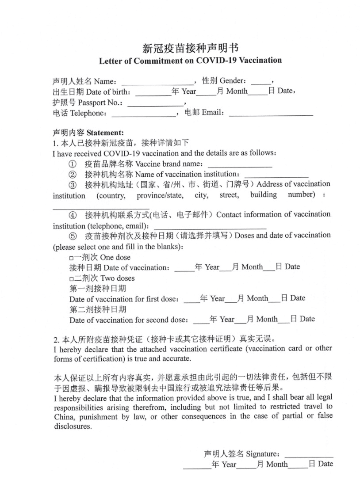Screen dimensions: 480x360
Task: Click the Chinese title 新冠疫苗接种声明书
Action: coord(190,48)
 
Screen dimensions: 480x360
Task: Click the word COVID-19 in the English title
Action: coord(218,61)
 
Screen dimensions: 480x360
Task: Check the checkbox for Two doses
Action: coord(72,279)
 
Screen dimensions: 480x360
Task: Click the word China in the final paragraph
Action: coord(63,417)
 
